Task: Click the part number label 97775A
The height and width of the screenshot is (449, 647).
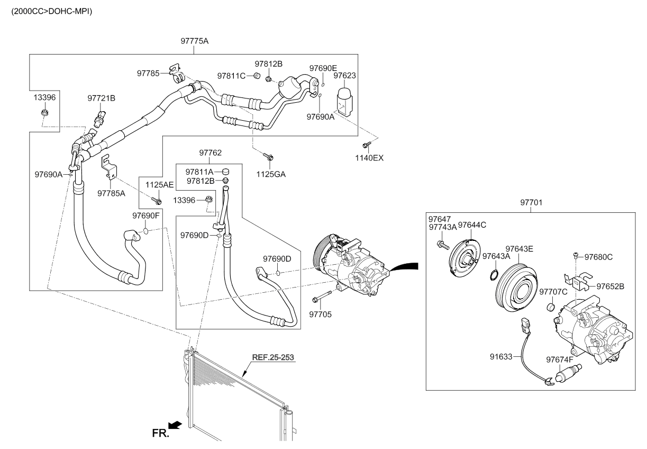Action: coord(194,41)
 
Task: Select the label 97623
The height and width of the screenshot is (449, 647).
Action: coord(344,76)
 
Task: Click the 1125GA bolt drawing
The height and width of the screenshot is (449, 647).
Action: coord(268,156)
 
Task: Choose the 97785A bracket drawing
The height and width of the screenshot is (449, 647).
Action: coord(108,166)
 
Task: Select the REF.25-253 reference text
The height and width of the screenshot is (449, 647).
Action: coord(273,357)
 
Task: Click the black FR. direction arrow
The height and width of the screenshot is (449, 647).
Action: coord(176,425)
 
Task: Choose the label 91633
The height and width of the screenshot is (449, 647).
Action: coord(501,357)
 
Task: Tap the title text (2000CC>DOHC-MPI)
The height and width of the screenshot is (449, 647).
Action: coord(48,11)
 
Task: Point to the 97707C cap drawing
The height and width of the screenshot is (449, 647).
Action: coord(550,308)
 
